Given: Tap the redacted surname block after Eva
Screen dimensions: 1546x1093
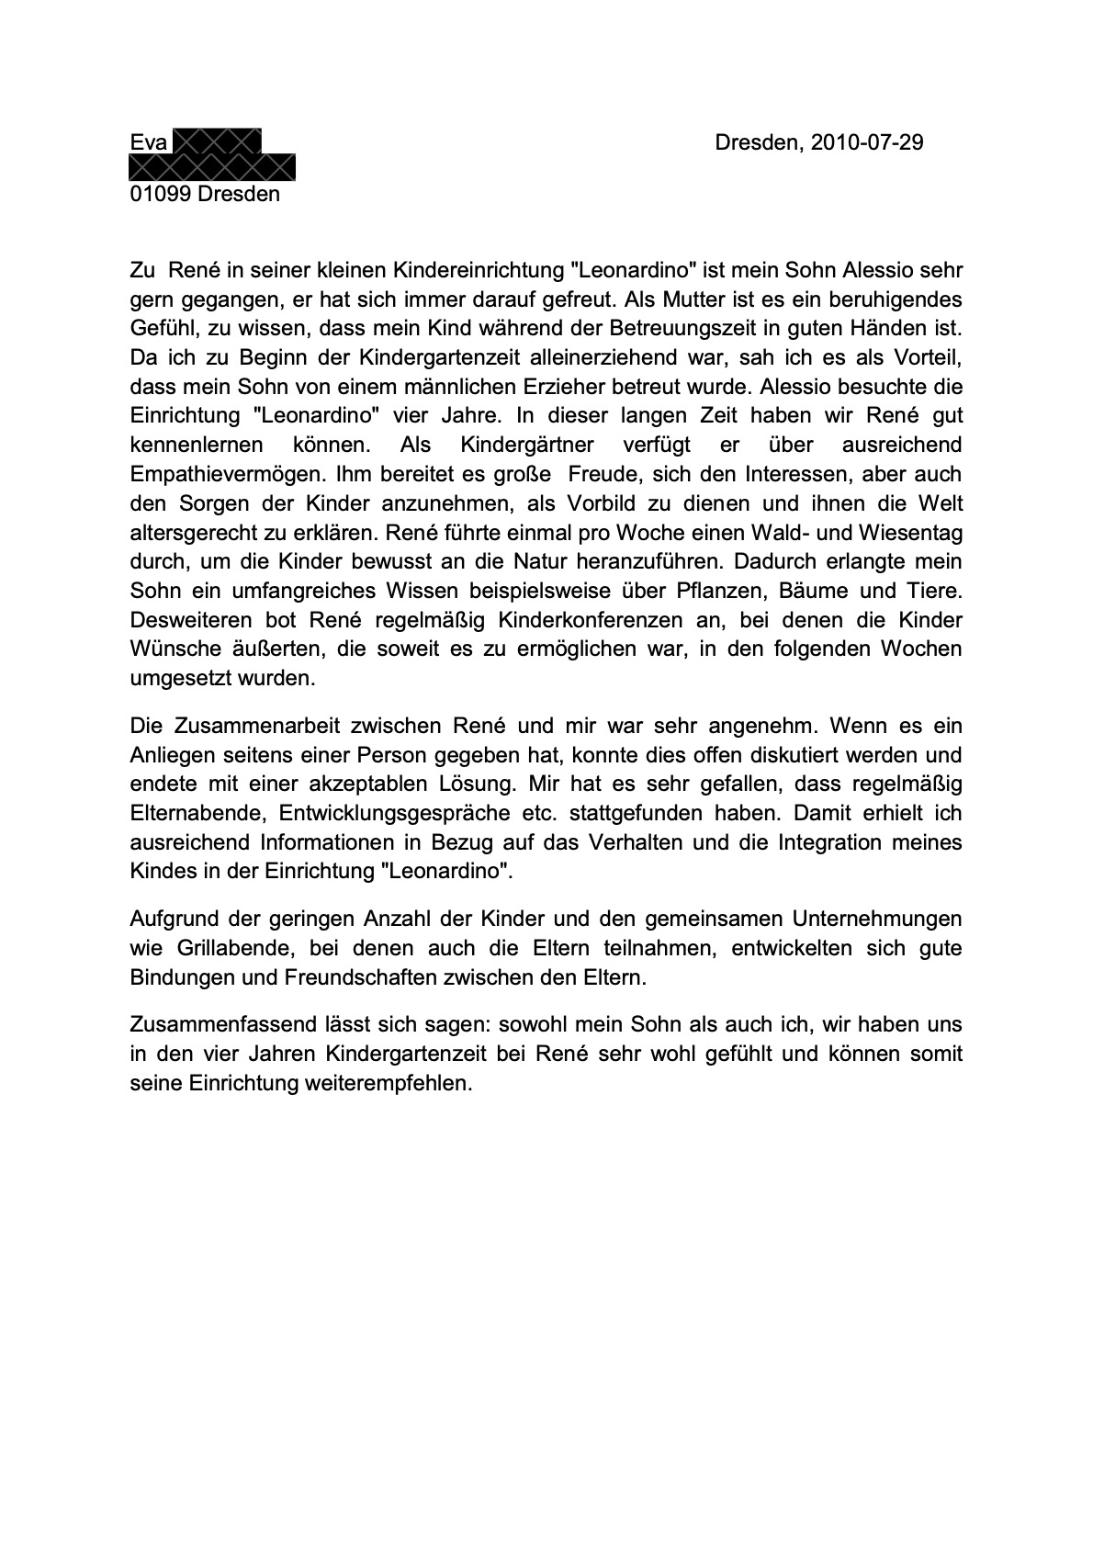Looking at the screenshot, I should click(217, 141).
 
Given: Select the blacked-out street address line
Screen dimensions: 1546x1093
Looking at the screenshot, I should click(212, 167).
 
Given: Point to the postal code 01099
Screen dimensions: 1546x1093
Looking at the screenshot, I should click(161, 195).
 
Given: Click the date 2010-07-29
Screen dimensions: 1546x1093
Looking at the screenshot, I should click(868, 143).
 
